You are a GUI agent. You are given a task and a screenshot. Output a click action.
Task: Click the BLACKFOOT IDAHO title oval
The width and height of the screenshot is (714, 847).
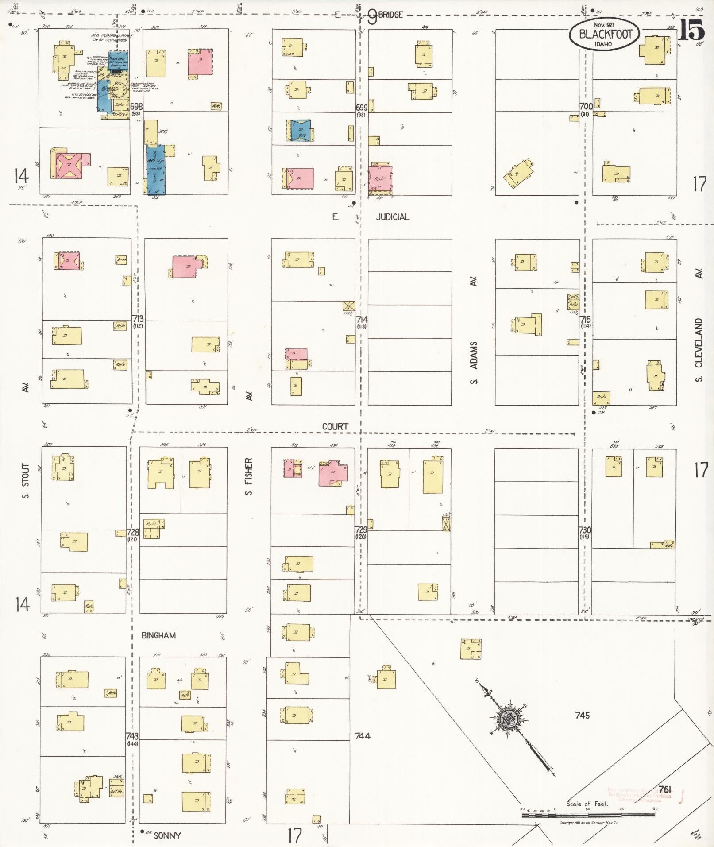604,34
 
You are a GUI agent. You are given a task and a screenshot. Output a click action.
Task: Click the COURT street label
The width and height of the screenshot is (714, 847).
335,426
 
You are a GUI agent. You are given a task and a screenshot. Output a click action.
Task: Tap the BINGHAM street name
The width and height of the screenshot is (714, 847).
158,635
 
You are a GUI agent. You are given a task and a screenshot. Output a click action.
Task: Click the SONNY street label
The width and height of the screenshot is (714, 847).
167,835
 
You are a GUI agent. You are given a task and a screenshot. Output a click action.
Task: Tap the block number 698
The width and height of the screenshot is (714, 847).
136,106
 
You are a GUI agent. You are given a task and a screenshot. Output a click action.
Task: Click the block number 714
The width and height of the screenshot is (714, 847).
361,319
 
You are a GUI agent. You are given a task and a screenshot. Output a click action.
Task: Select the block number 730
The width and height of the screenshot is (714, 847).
585,530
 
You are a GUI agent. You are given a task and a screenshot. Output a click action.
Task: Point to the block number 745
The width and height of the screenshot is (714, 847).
583,715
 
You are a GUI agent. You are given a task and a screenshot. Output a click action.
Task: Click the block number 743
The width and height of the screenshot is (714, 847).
132,736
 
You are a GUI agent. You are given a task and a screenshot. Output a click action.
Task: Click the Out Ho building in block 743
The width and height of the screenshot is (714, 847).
116,791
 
